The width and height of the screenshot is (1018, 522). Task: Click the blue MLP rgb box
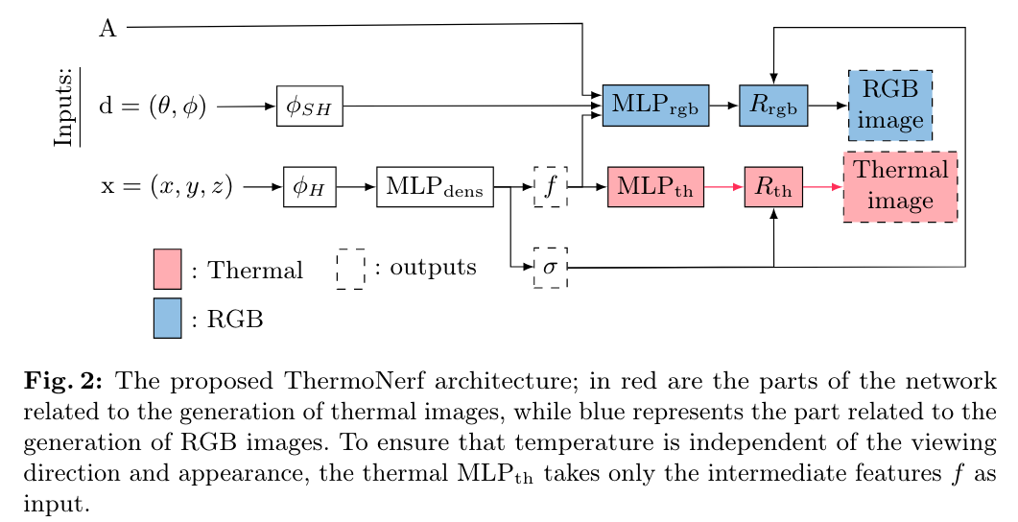tap(655, 106)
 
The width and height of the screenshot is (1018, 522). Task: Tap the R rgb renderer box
tap(773, 106)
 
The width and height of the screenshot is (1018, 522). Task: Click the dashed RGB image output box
tap(890, 106)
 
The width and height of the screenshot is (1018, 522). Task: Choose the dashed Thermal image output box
tap(900, 187)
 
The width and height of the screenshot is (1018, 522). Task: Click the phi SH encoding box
tap(310, 106)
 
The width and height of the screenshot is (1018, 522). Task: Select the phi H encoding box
tap(310, 187)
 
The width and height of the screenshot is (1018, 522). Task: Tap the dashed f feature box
tap(551, 187)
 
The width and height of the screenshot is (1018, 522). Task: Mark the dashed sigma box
tap(551, 267)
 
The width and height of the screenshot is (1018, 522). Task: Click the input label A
tap(107, 29)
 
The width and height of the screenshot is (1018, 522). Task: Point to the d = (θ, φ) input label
tap(153, 107)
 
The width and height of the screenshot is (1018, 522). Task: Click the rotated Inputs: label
tap(65, 106)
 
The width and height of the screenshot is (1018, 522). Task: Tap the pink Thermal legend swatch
tap(167, 269)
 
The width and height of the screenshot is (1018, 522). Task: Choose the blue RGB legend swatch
tap(167, 318)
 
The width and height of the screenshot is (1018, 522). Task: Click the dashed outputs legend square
tap(350, 269)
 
